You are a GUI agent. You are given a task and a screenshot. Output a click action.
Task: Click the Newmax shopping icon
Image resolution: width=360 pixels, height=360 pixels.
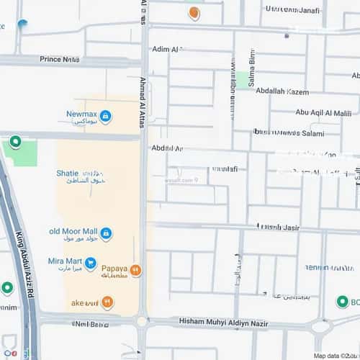pos(106,116)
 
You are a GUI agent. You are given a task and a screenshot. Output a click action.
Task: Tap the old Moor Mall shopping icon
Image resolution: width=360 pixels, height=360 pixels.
pos(106,233)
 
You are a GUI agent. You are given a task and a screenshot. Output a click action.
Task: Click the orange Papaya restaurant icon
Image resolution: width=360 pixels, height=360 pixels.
pos(135,270)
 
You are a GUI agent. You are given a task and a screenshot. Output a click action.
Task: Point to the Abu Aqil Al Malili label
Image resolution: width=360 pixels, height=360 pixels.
pos(323,112)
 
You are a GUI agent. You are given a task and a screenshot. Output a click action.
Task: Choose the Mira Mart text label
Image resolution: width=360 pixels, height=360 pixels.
pos(65,263)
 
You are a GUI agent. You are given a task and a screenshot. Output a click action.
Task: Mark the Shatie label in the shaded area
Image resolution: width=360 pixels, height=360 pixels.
pos(66,173)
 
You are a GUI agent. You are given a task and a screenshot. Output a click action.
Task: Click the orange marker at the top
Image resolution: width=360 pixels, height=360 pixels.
pos(194,12)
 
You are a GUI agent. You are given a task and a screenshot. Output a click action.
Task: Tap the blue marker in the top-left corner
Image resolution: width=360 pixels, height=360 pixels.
pos(22,25)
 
